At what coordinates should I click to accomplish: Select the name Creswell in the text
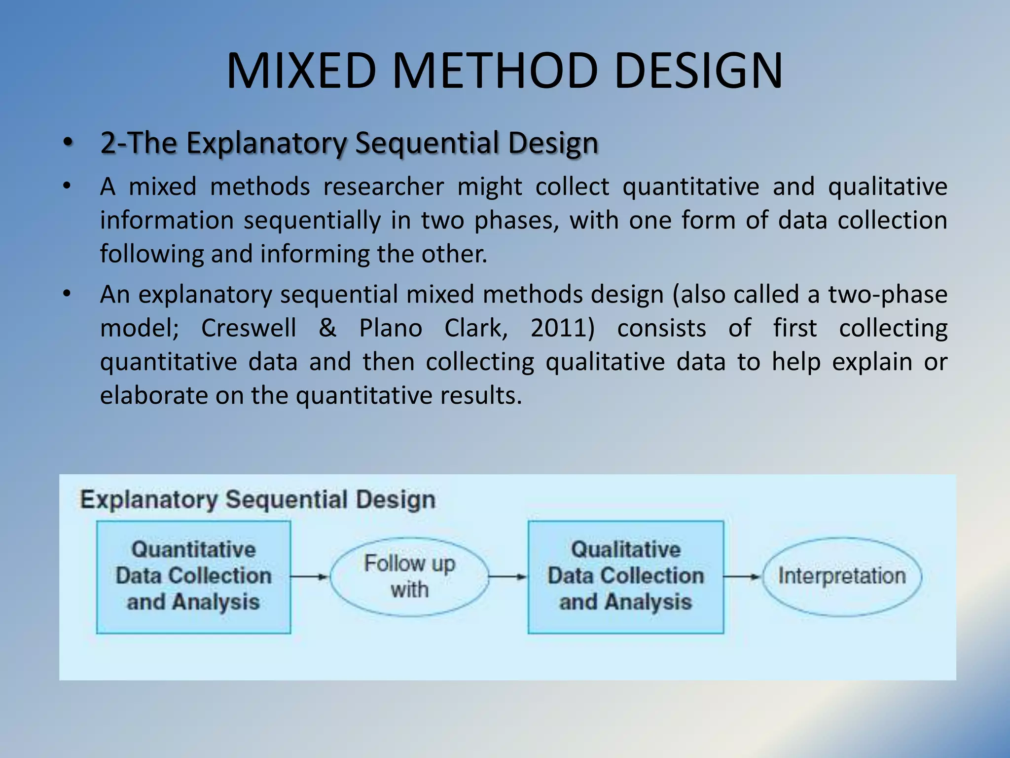(x=249, y=328)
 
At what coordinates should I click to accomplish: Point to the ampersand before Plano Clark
(x=327, y=328)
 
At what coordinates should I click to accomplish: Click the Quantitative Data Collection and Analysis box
(x=193, y=576)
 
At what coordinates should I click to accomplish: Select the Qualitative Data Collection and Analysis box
(x=625, y=576)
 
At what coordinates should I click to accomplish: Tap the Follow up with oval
(x=409, y=576)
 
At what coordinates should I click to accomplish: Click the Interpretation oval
(x=841, y=576)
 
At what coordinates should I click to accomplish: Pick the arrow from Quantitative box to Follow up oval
(x=309, y=576)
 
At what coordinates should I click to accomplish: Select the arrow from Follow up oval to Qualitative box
(x=508, y=576)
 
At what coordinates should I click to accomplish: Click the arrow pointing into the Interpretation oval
(x=742, y=576)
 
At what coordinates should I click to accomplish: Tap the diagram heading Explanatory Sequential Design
(x=257, y=499)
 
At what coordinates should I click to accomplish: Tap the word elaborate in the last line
(x=154, y=396)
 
